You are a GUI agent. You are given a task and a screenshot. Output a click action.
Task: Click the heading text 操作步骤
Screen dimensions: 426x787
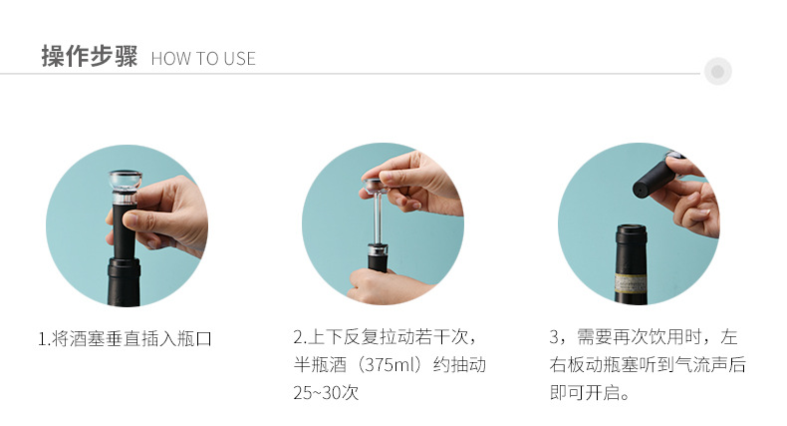[89, 56]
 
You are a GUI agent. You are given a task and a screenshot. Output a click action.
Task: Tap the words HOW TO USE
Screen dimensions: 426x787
[203, 59]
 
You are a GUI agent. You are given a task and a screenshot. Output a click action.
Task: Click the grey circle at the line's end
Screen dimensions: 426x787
[717, 72]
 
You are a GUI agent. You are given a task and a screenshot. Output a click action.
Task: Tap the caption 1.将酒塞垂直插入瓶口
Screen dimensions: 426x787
[126, 338]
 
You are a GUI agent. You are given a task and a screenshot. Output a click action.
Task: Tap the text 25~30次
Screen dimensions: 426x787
[325, 392]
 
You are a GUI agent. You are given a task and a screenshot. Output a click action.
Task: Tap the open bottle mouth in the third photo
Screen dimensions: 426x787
[632, 232]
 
